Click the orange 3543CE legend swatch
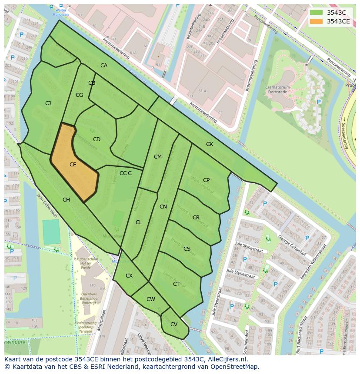(x=317, y=21)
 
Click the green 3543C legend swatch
(x=317, y=13)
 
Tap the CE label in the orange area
(x=73, y=165)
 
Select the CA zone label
(x=104, y=66)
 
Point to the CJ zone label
(x=48, y=103)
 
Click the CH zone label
(x=66, y=200)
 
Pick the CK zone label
(x=210, y=144)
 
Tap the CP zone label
(x=206, y=180)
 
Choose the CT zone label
(x=176, y=284)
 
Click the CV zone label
(x=173, y=324)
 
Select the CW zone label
(x=150, y=299)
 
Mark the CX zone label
(x=129, y=276)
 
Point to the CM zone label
(x=157, y=157)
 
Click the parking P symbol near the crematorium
(x=319, y=102)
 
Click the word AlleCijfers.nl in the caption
(x=226, y=359)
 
